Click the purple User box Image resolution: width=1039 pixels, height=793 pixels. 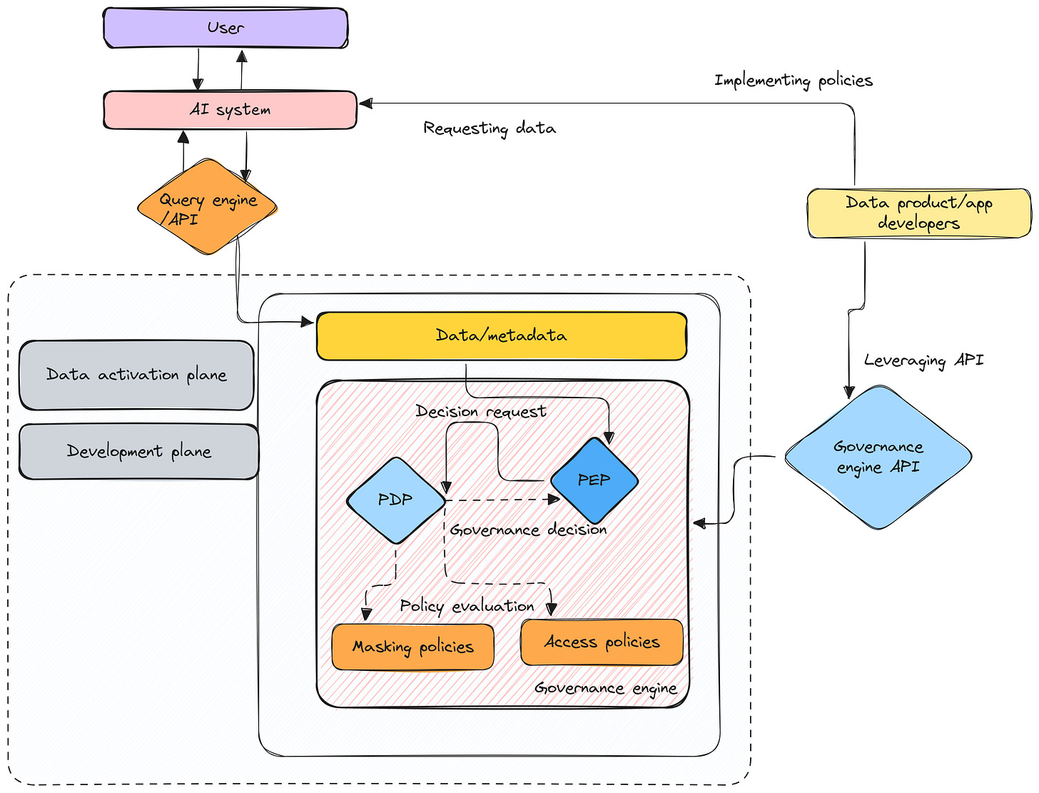pos(225,28)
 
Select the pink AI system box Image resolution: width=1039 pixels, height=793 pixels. pos(230,110)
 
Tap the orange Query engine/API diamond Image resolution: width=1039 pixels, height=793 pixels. pos(207,207)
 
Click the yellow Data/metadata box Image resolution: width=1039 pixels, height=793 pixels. pos(501,335)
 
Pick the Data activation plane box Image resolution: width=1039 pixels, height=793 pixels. pos(136,375)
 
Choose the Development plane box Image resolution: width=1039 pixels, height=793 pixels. pos(138,451)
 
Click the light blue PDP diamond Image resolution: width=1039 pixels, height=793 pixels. pos(395,500)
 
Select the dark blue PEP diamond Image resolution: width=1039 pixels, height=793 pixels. pos(594,480)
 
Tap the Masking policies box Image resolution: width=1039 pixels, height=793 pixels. pos(412,647)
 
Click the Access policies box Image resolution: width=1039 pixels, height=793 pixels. pos(602,642)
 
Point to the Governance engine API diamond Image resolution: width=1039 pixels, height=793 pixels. pos(878,457)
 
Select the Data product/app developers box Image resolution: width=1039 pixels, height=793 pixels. pos(918,213)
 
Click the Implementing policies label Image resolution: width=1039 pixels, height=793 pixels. pos(794,80)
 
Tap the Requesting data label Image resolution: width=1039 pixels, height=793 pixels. pos(490,128)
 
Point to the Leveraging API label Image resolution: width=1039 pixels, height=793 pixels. pos(923,360)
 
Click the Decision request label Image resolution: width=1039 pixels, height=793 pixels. pos(481,411)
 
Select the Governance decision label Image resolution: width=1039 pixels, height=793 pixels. pos(528,530)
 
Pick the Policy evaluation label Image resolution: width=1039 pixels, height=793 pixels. pos(467,606)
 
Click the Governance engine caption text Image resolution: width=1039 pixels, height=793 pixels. pos(605,688)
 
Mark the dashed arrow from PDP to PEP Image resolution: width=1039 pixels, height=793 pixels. pos(500,500)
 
